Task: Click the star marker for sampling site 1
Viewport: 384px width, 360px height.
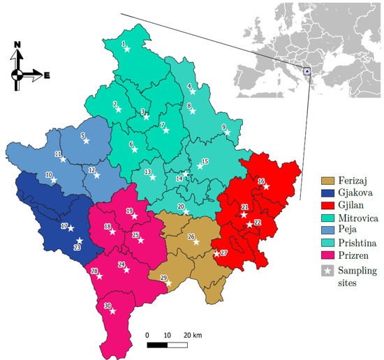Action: click(x=127, y=49)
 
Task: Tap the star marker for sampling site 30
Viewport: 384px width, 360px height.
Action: click(x=112, y=311)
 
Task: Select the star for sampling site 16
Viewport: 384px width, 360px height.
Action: click(x=266, y=186)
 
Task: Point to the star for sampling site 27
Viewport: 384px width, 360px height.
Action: click(x=216, y=253)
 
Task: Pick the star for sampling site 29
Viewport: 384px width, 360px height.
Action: click(x=168, y=283)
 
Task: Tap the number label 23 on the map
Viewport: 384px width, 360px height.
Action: click(x=77, y=248)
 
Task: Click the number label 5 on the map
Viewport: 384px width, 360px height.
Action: click(x=82, y=135)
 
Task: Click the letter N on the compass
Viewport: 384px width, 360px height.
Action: click(x=18, y=44)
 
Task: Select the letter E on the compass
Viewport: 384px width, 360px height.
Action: click(x=47, y=75)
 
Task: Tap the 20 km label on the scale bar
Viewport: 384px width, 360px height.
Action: click(x=192, y=336)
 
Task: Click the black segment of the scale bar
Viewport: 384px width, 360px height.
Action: click(x=157, y=345)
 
